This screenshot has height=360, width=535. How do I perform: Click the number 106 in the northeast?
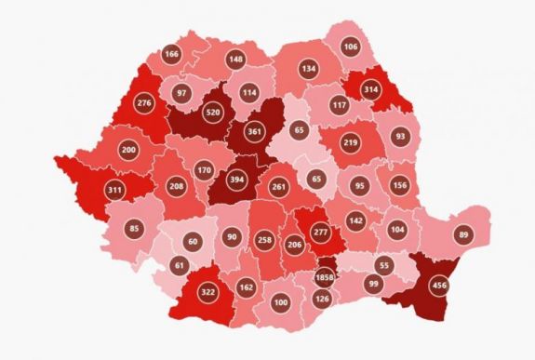point(350,47)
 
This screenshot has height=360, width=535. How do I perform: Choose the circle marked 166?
point(171,54)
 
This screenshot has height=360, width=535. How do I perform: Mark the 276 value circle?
point(145,101)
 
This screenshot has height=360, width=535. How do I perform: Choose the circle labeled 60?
point(194,243)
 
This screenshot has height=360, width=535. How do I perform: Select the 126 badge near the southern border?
point(323,299)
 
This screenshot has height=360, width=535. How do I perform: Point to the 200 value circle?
point(128,149)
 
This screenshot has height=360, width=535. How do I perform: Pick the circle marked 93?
point(401,137)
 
